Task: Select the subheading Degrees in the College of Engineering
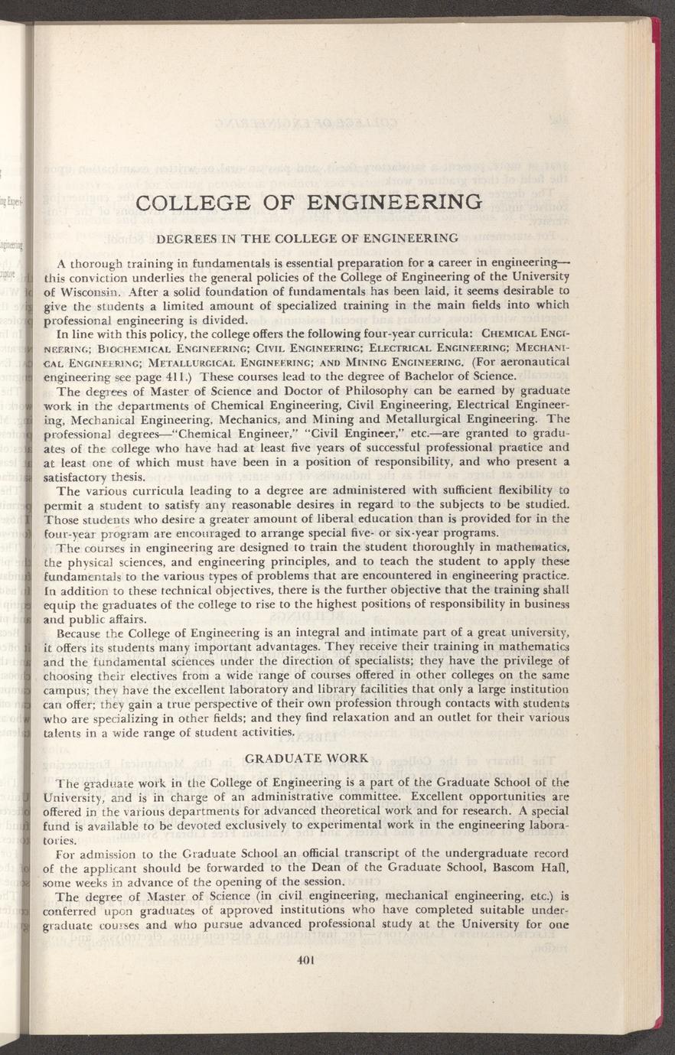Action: click(308, 237)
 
